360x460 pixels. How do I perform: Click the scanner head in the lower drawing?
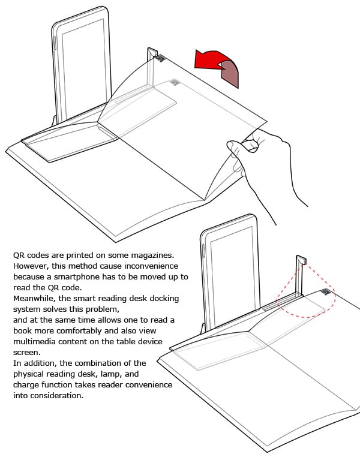pos(301,260)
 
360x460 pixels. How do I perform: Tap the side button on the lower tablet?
pos(204,252)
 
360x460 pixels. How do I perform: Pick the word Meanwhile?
pos(34,298)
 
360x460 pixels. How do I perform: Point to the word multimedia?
pos(35,341)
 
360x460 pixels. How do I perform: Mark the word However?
pos(30,266)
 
